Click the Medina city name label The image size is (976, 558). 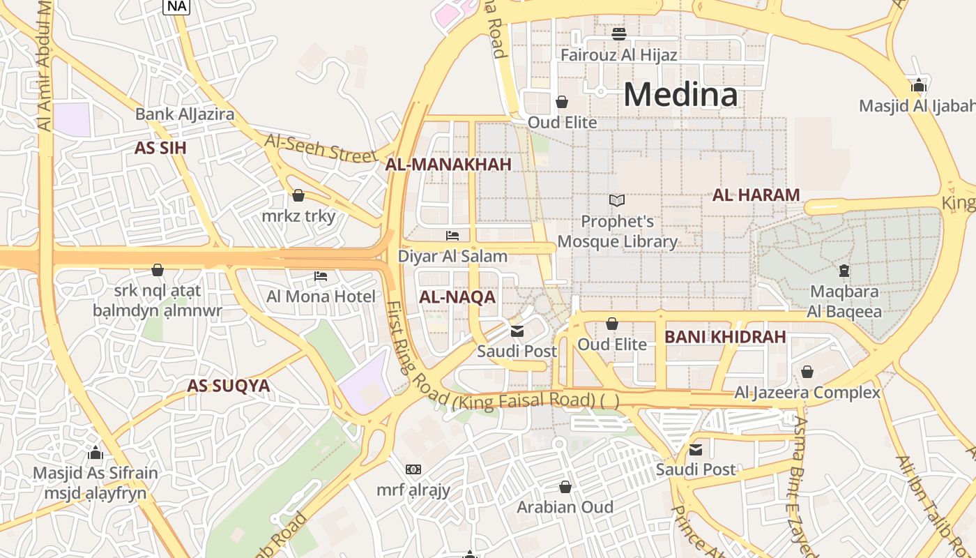tap(680, 94)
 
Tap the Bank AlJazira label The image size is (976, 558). tap(185, 114)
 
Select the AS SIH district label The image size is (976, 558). tap(160, 148)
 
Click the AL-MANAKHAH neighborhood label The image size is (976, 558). tap(448, 165)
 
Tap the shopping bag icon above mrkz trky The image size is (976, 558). tap(298, 195)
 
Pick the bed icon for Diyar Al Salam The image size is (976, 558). tap(452, 236)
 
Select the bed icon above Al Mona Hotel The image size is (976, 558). tap(321, 276)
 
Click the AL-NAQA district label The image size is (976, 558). tap(457, 297)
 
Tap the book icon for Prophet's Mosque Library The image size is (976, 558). tap(616, 201)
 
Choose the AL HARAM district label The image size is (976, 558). tap(756, 195)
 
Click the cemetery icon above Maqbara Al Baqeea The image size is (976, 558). tap(844, 270)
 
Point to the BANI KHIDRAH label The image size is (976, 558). tap(725, 337)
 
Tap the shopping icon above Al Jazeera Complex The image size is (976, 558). tap(807, 372)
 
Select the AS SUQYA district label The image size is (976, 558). tap(228, 386)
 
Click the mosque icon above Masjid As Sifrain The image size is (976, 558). tap(96, 452)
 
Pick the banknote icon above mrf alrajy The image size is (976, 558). tap(413, 469)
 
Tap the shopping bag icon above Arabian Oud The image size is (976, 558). tap(565, 486)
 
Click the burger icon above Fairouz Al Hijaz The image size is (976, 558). tap(619, 33)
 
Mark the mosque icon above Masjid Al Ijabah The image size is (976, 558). tap(919, 85)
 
